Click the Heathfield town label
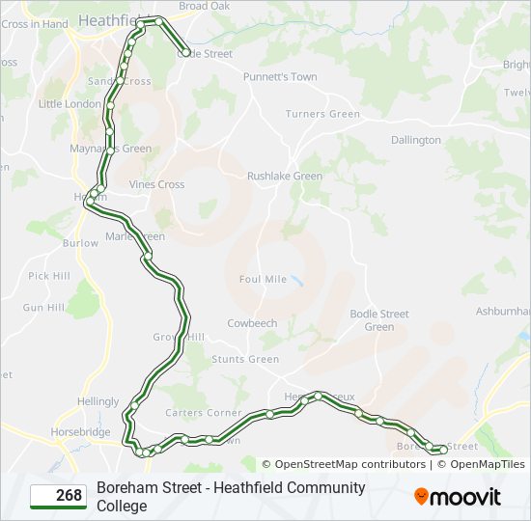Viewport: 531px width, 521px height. (109, 20)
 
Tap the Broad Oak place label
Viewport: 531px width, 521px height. (205, 6)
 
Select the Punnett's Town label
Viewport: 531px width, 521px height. (280, 77)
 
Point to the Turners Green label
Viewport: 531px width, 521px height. (322, 114)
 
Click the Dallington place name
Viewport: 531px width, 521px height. (416, 140)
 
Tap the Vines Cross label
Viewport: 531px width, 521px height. (157, 184)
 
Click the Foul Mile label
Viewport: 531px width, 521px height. (263, 279)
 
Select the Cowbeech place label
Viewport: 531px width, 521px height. (252, 323)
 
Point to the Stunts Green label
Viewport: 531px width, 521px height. (245, 359)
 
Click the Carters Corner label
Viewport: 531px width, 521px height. (204, 413)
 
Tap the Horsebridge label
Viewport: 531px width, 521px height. (80, 433)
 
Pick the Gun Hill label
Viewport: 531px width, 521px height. (43, 307)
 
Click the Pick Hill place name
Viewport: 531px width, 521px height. (49, 276)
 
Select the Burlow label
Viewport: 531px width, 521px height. (80, 243)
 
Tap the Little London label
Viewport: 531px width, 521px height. (70, 104)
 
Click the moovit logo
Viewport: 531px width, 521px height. (458, 497)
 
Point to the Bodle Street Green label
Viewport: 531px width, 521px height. (379, 320)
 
